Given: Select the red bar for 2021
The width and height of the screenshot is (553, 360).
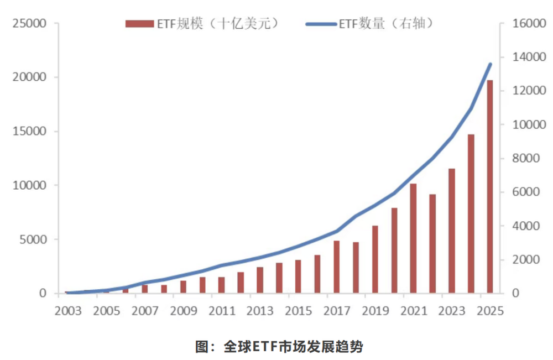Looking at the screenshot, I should [x=413, y=238].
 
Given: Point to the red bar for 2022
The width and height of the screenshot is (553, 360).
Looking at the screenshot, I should [x=432, y=244].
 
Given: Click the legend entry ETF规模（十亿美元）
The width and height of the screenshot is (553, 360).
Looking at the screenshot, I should [x=201, y=24].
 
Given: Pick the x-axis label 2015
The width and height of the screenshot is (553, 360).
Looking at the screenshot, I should [x=298, y=311].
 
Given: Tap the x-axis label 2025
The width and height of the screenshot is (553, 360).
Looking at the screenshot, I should [x=489, y=311].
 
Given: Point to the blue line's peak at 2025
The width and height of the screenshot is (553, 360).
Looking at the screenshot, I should [x=490, y=64].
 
